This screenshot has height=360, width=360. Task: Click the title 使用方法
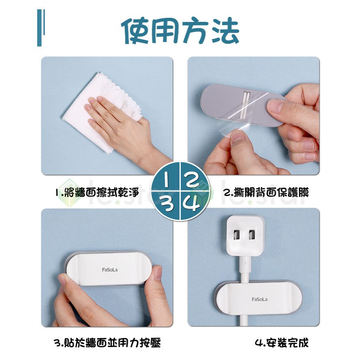pos(180,30)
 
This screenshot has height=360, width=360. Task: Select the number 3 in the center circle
pos(168,204)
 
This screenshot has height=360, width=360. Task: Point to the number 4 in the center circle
pos(192,203)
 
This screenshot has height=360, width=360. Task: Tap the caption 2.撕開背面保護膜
pos(266,192)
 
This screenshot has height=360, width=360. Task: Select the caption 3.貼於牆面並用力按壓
pos(107,343)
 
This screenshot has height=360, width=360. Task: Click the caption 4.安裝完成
pos(282,343)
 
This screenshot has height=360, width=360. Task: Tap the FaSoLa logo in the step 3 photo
pos(110,270)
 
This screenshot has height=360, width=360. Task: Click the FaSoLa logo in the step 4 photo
pos(260,299)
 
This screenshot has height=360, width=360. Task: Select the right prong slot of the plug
pos(252,234)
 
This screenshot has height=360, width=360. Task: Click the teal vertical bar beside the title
pos(40,28)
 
